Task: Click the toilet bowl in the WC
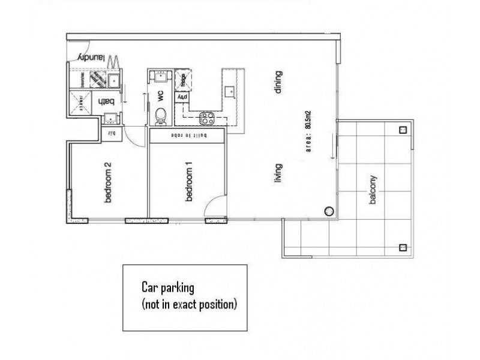(x=161, y=115)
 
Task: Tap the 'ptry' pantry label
(x=181, y=97)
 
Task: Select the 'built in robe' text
(x=188, y=136)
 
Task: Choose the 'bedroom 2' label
(x=109, y=182)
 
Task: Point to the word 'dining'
(x=278, y=83)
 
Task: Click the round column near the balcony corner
(x=328, y=211)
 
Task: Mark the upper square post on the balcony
(x=403, y=130)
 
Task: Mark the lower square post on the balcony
(x=402, y=247)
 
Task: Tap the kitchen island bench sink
(x=229, y=92)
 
